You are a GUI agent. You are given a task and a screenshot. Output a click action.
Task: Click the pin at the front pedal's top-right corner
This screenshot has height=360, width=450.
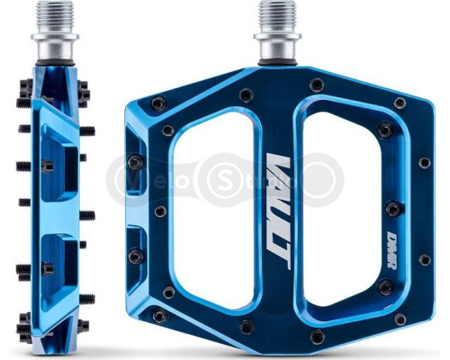[400, 103]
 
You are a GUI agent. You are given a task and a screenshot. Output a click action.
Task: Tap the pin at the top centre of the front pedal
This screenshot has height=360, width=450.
[316, 85]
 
